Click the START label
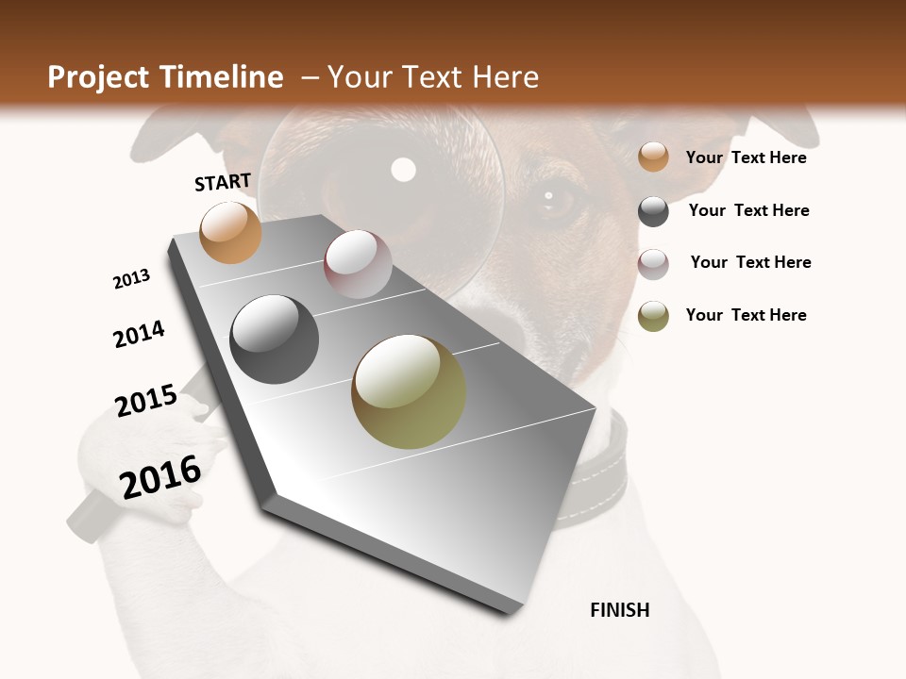coord(223,182)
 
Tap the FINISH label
coord(619,610)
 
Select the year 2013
coord(131,279)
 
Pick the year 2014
coord(139,334)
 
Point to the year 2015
coord(146,401)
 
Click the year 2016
coord(160,477)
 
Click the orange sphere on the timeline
coord(230,232)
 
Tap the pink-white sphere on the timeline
coord(358,264)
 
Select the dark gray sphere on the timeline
coord(275,339)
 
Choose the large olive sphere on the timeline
coord(409,391)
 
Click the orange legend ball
coord(653,157)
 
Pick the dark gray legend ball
coord(653,211)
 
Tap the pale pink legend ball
coord(653,264)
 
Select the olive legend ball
coord(653,316)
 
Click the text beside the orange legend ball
coord(746,157)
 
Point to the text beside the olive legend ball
coord(746,315)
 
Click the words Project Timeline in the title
coord(165,77)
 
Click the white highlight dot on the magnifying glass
coord(404,170)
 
